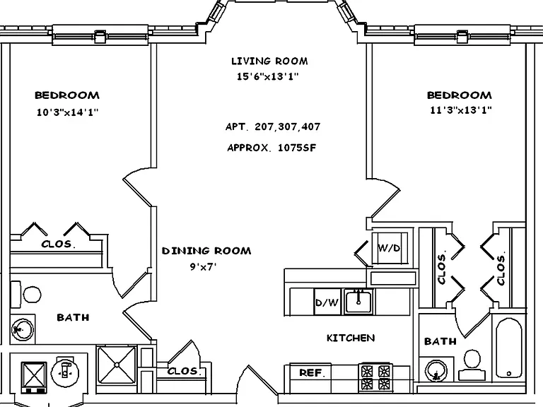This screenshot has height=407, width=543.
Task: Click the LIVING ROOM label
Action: coord(269,61)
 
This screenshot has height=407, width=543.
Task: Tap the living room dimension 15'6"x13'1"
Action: coord(268,76)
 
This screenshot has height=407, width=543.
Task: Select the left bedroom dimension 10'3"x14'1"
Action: coord(68,112)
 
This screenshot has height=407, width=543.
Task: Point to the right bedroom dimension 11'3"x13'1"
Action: coord(461,110)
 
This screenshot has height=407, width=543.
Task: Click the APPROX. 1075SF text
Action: coord(271,148)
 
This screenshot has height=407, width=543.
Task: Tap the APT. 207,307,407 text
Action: coord(273,126)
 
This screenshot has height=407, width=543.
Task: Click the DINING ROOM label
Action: coord(206,251)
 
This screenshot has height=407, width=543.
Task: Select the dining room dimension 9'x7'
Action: coord(203,266)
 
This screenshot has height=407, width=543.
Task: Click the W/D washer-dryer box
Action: coord(390,248)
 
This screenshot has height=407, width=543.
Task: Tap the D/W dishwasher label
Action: coord(327,302)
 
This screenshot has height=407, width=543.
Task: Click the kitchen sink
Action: coord(358,302)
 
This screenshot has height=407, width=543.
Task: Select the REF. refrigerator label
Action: coord(313,373)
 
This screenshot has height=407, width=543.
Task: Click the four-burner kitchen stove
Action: coord(375,378)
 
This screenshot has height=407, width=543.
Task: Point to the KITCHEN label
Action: coord(351,338)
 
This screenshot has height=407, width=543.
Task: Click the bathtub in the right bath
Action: coord(509,348)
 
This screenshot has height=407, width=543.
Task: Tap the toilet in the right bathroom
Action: coord(472,365)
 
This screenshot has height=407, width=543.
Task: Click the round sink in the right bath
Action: coord(436,371)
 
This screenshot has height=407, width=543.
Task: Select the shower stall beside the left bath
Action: coord(117,365)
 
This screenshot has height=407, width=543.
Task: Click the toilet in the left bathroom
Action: coord(26,295)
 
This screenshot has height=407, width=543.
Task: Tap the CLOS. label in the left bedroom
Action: coord(58,244)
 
